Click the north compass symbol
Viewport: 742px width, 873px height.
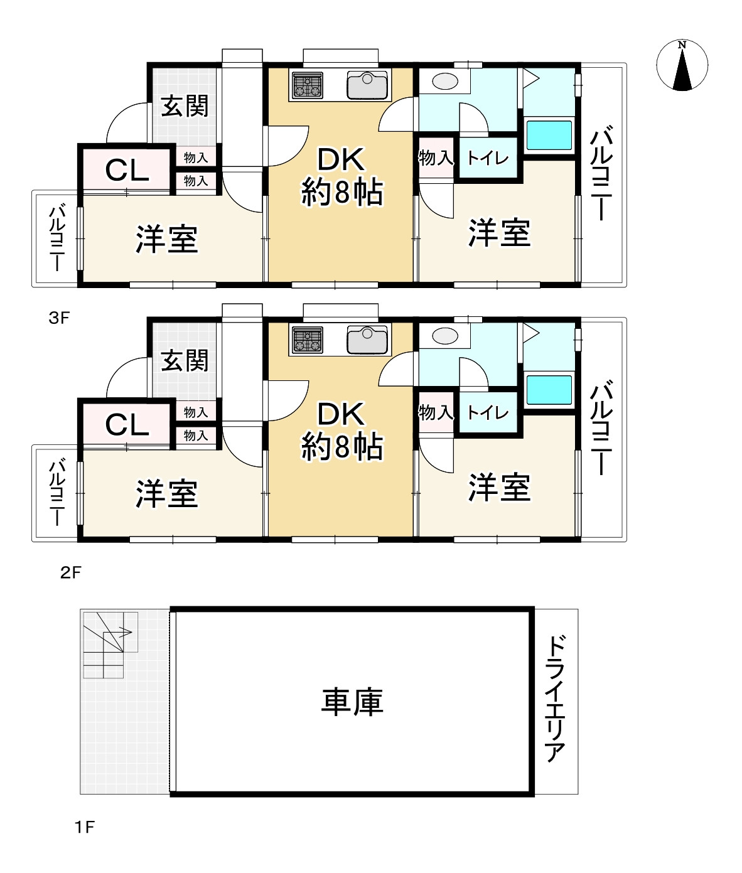click(x=682, y=65)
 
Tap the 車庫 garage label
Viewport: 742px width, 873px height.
click(x=352, y=701)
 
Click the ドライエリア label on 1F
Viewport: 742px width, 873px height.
click(x=556, y=699)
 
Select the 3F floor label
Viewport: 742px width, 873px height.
click(x=58, y=318)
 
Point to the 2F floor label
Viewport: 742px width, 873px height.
click(x=70, y=572)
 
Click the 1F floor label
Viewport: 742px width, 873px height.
click(x=84, y=827)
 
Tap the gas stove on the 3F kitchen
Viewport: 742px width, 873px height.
click(x=307, y=85)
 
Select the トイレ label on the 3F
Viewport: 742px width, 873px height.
click(x=488, y=158)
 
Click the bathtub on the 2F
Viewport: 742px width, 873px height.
click(x=549, y=390)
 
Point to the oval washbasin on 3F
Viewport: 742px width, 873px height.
click(x=445, y=82)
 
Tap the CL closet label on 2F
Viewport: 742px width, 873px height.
click(x=127, y=425)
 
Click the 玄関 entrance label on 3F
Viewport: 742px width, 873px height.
click(x=184, y=105)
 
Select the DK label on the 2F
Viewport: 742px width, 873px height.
click(x=341, y=414)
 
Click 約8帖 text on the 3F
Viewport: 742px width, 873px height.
click(x=342, y=193)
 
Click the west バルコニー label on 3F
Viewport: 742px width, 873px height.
click(x=56, y=238)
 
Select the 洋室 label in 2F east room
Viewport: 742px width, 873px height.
click(x=499, y=488)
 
